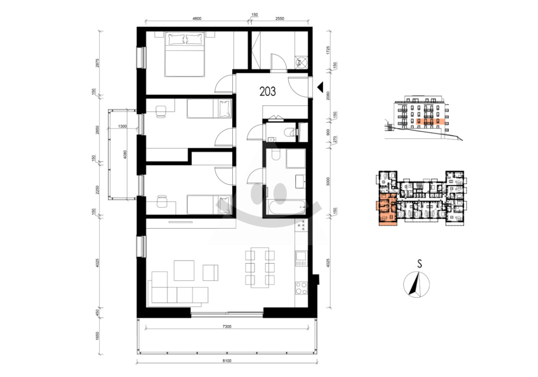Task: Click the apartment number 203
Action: [268, 91]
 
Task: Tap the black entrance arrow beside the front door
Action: [321, 87]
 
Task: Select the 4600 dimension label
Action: [197, 18]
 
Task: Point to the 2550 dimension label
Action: [280, 18]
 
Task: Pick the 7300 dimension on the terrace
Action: [227, 327]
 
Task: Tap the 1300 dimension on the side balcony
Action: [122, 126]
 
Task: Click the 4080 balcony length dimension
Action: [125, 155]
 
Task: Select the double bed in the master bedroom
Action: [185, 54]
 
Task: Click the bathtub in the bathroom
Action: [287, 207]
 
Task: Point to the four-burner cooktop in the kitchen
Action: [301, 288]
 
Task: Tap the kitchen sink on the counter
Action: [301, 258]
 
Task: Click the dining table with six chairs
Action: [260, 268]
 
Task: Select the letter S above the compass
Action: [419, 264]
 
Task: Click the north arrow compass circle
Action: [416, 285]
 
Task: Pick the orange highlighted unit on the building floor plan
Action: [386, 209]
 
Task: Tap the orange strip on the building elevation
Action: [430, 121]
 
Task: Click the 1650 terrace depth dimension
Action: [97, 336]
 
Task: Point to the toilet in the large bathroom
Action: [276, 154]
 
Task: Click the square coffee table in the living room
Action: [184, 270]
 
